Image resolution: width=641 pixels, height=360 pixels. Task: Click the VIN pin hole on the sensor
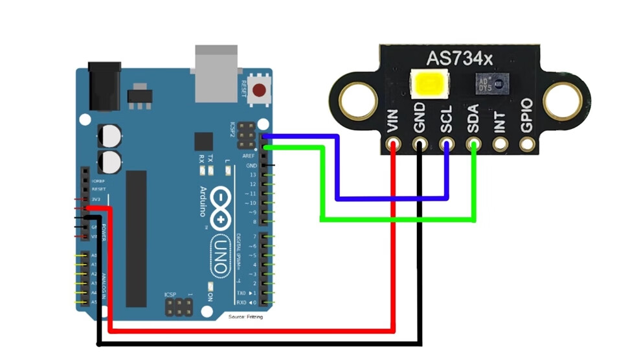393,145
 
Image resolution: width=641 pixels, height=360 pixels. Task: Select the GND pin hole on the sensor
420,145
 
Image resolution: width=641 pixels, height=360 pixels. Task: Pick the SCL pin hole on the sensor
447,145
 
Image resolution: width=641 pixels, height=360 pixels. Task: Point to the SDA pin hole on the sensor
474,145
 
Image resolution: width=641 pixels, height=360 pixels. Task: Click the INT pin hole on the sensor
500,145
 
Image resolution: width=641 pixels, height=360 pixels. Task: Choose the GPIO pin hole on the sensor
526,145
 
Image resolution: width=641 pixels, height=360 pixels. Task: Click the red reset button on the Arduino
261,91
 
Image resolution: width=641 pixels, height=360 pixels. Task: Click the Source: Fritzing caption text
245,317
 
